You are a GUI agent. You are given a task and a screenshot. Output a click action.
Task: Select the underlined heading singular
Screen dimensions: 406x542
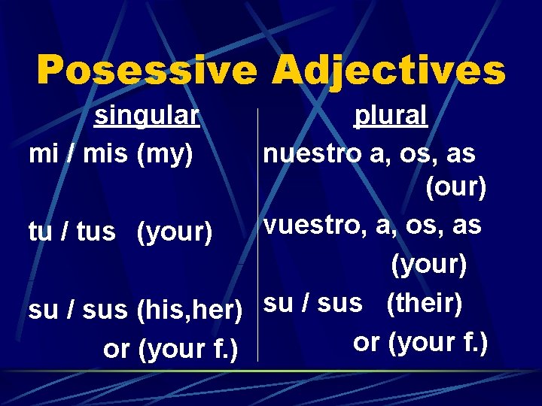point(146,116)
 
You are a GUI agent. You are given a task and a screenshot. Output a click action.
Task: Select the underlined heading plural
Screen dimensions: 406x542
point(391,116)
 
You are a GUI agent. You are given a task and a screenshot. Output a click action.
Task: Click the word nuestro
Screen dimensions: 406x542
point(312,153)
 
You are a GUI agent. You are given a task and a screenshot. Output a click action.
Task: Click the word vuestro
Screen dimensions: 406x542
point(312,225)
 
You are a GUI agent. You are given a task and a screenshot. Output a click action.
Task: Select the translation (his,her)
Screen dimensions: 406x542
point(190,309)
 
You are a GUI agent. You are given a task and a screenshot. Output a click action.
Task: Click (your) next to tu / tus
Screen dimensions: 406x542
point(175,232)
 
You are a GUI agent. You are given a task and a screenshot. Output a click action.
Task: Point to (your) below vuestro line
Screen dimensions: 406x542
point(428,264)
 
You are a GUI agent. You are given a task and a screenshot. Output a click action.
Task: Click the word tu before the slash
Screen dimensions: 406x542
point(39,232)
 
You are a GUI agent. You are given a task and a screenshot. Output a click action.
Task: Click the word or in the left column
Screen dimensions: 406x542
point(116,349)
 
